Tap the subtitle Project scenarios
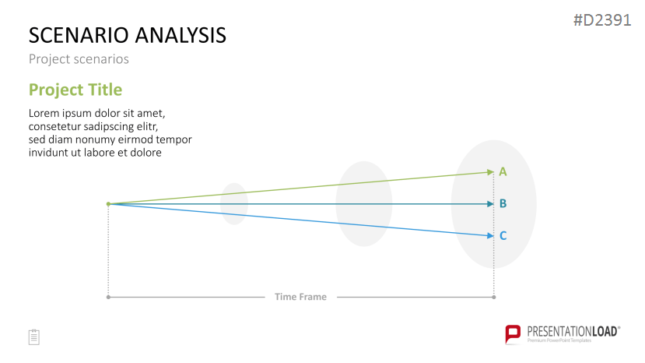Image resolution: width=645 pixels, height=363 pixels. click(x=79, y=59)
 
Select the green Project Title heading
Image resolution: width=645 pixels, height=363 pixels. click(x=75, y=90)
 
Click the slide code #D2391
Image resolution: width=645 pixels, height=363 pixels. click(x=602, y=20)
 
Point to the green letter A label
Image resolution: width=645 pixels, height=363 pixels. click(x=503, y=172)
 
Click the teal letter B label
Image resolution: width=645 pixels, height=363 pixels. click(x=503, y=203)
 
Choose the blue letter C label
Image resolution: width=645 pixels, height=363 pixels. click(x=503, y=236)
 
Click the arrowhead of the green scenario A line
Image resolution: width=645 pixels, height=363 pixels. click(x=490, y=172)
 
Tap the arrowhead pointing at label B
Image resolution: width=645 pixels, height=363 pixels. click(x=490, y=204)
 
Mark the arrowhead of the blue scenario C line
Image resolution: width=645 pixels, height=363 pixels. click(x=490, y=236)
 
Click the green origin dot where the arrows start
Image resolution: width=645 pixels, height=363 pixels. click(x=109, y=204)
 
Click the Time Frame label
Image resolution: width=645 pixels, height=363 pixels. click(x=300, y=297)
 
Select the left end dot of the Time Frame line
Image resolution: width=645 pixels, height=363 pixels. click(x=108, y=297)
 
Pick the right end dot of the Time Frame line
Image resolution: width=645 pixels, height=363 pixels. click(x=494, y=297)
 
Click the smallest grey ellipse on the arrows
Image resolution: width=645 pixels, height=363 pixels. click(x=234, y=204)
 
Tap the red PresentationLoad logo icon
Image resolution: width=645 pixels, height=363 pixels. click(x=513, y=333)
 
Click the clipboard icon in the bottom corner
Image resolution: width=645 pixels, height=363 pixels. click(x=34, y=337)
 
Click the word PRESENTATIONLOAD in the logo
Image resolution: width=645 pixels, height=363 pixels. click(x=572, y=332)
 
